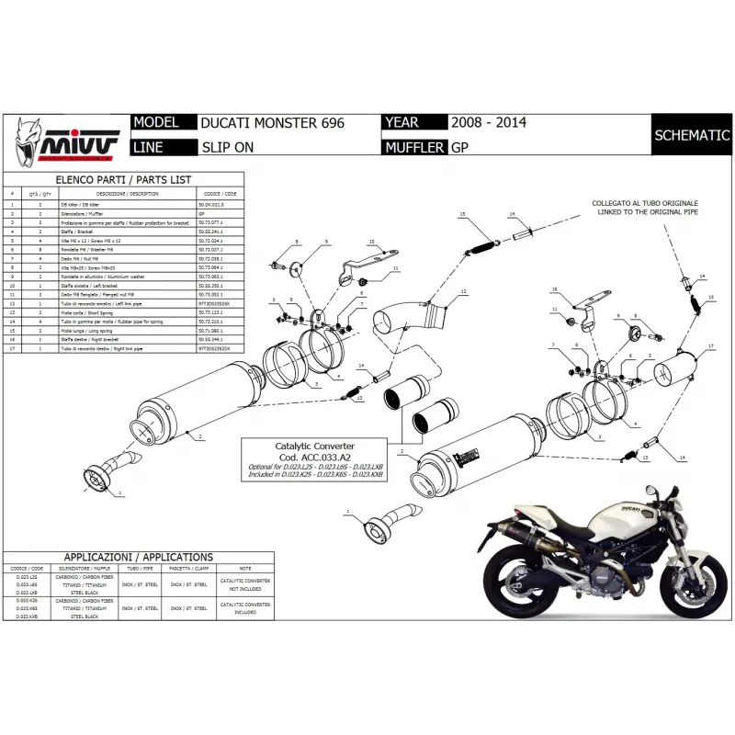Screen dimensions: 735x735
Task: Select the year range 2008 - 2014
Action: pos(488,123)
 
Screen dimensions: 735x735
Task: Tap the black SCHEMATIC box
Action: pos(691,135)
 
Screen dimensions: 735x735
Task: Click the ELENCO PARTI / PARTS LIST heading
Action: pos(123,179)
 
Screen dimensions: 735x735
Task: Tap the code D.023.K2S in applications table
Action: pos(28,599)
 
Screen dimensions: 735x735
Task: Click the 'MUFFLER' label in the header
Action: pos(414,147)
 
